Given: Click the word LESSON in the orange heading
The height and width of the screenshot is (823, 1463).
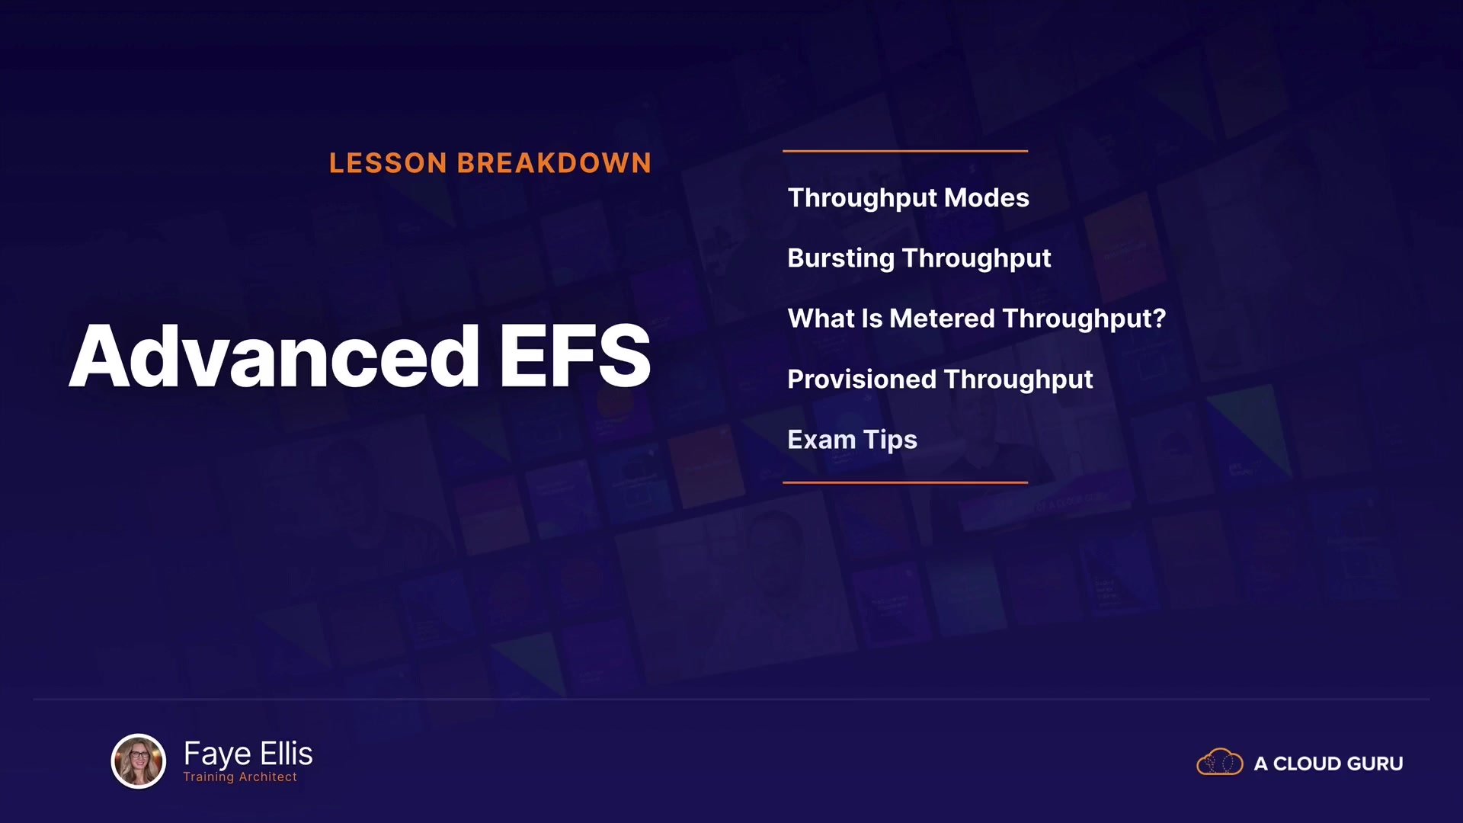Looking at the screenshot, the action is [x=388, y=163].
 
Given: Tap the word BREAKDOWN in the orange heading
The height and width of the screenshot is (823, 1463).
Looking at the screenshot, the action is [x=554, y=163].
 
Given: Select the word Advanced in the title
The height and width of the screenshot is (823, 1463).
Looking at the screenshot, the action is [x=274, y=356].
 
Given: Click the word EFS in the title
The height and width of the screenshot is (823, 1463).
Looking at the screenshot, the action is [x=575, y=356].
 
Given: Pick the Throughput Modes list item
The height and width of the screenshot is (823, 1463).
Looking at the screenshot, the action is [x=908, y=198].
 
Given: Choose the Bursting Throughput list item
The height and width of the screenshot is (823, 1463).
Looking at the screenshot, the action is [x=919, y=258].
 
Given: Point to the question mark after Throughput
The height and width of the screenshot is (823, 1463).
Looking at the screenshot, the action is [x=1159, y=318].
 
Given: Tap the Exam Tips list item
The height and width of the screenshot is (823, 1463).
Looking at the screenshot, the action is [x=852, y=440].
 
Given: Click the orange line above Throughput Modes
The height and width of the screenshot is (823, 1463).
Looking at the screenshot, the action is [x=905, y=151].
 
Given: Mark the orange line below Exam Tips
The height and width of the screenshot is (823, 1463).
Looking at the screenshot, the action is [x=905, y=482].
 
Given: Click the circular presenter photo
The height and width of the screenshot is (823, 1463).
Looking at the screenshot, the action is [x=139, y=761].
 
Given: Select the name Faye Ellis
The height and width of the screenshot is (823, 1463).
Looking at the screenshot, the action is [x=248, y=754].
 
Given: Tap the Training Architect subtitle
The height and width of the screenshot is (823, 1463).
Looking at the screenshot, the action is [x=240, y=777].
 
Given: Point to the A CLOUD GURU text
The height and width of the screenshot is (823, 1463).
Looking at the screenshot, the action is [x=1328, y=764].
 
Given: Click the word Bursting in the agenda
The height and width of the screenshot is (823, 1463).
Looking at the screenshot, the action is [x=841, y=258].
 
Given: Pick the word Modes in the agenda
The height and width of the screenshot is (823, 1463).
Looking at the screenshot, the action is [x=987, y=198].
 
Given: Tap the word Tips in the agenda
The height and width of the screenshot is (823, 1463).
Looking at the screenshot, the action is [x=890, y=440].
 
